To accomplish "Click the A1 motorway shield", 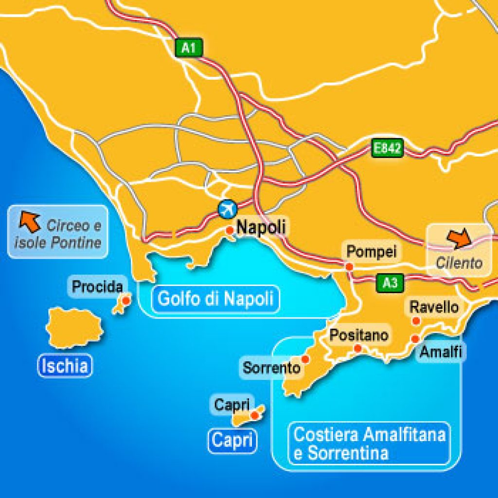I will point(188,48).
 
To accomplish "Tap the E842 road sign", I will point(388,148).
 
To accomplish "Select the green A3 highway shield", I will point(390,283).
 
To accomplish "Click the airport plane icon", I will point(226,209).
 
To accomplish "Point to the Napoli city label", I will point(261,227).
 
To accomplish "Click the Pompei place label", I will point(371,251).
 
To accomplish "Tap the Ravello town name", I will point(434,307).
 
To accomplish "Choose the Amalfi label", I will point(441,351).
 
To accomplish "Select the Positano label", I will point(359,335).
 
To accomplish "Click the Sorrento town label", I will point(271,368).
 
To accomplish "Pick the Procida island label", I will point(97,286).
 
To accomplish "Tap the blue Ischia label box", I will point(65,366).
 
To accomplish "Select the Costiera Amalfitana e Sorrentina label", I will point(369,443).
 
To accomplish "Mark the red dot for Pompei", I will point(349,267).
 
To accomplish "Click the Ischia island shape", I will point(74,327).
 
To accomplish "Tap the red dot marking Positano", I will point(357,348).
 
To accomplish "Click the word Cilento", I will point(459,263).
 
